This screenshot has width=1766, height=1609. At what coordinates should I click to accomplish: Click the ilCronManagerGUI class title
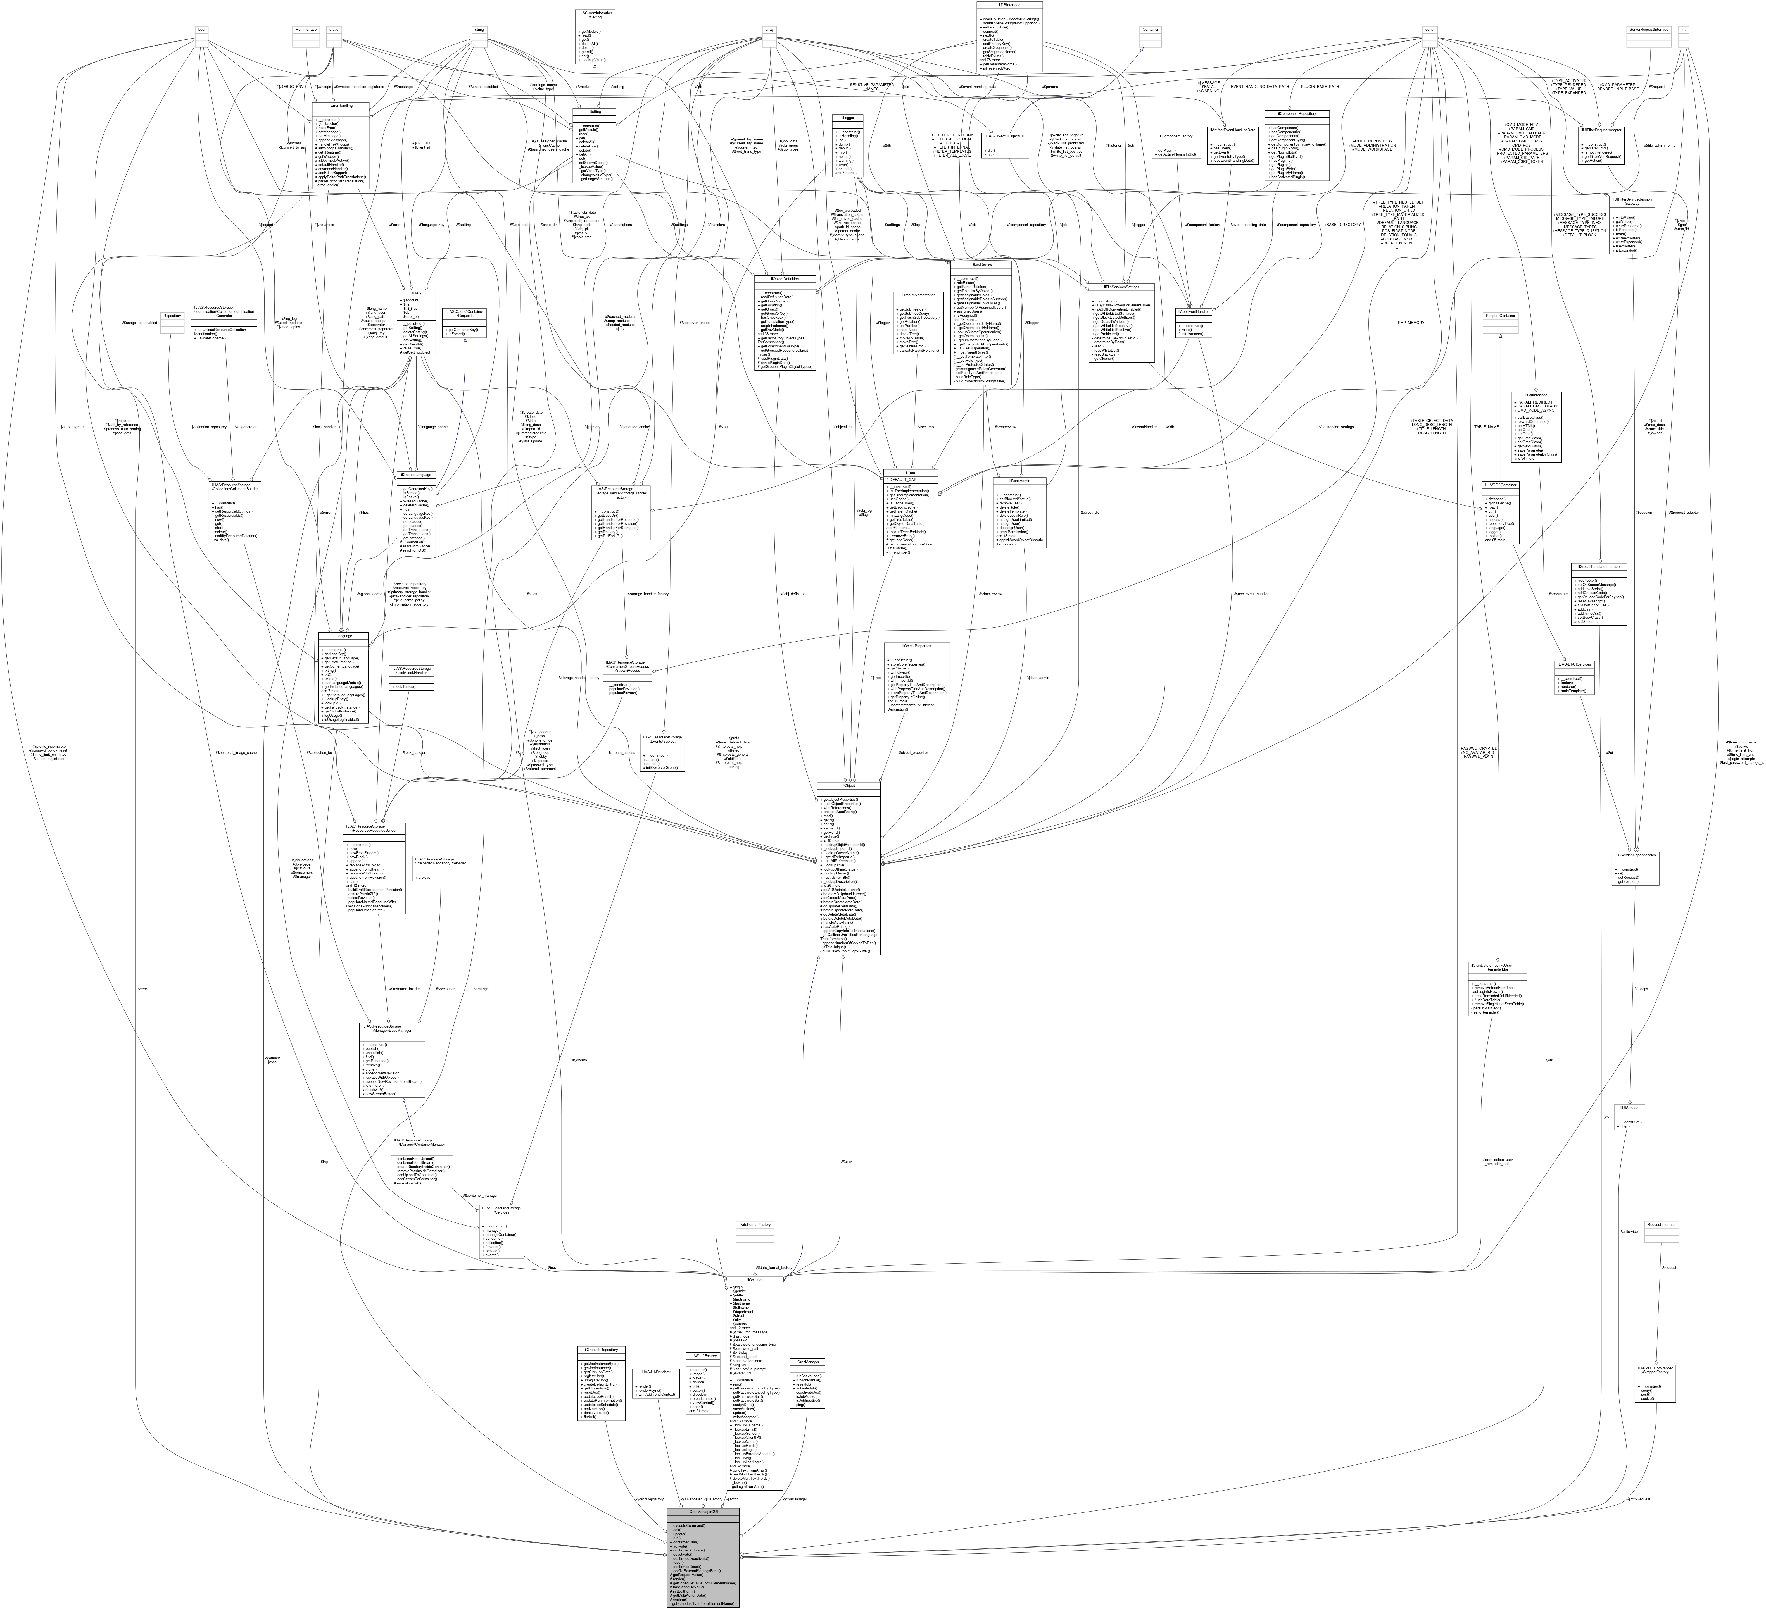tap(703, 1512)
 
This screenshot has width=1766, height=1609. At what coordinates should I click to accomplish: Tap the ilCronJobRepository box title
tap(601, 1350)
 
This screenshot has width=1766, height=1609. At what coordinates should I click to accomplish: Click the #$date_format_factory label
tap(774, 1267)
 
